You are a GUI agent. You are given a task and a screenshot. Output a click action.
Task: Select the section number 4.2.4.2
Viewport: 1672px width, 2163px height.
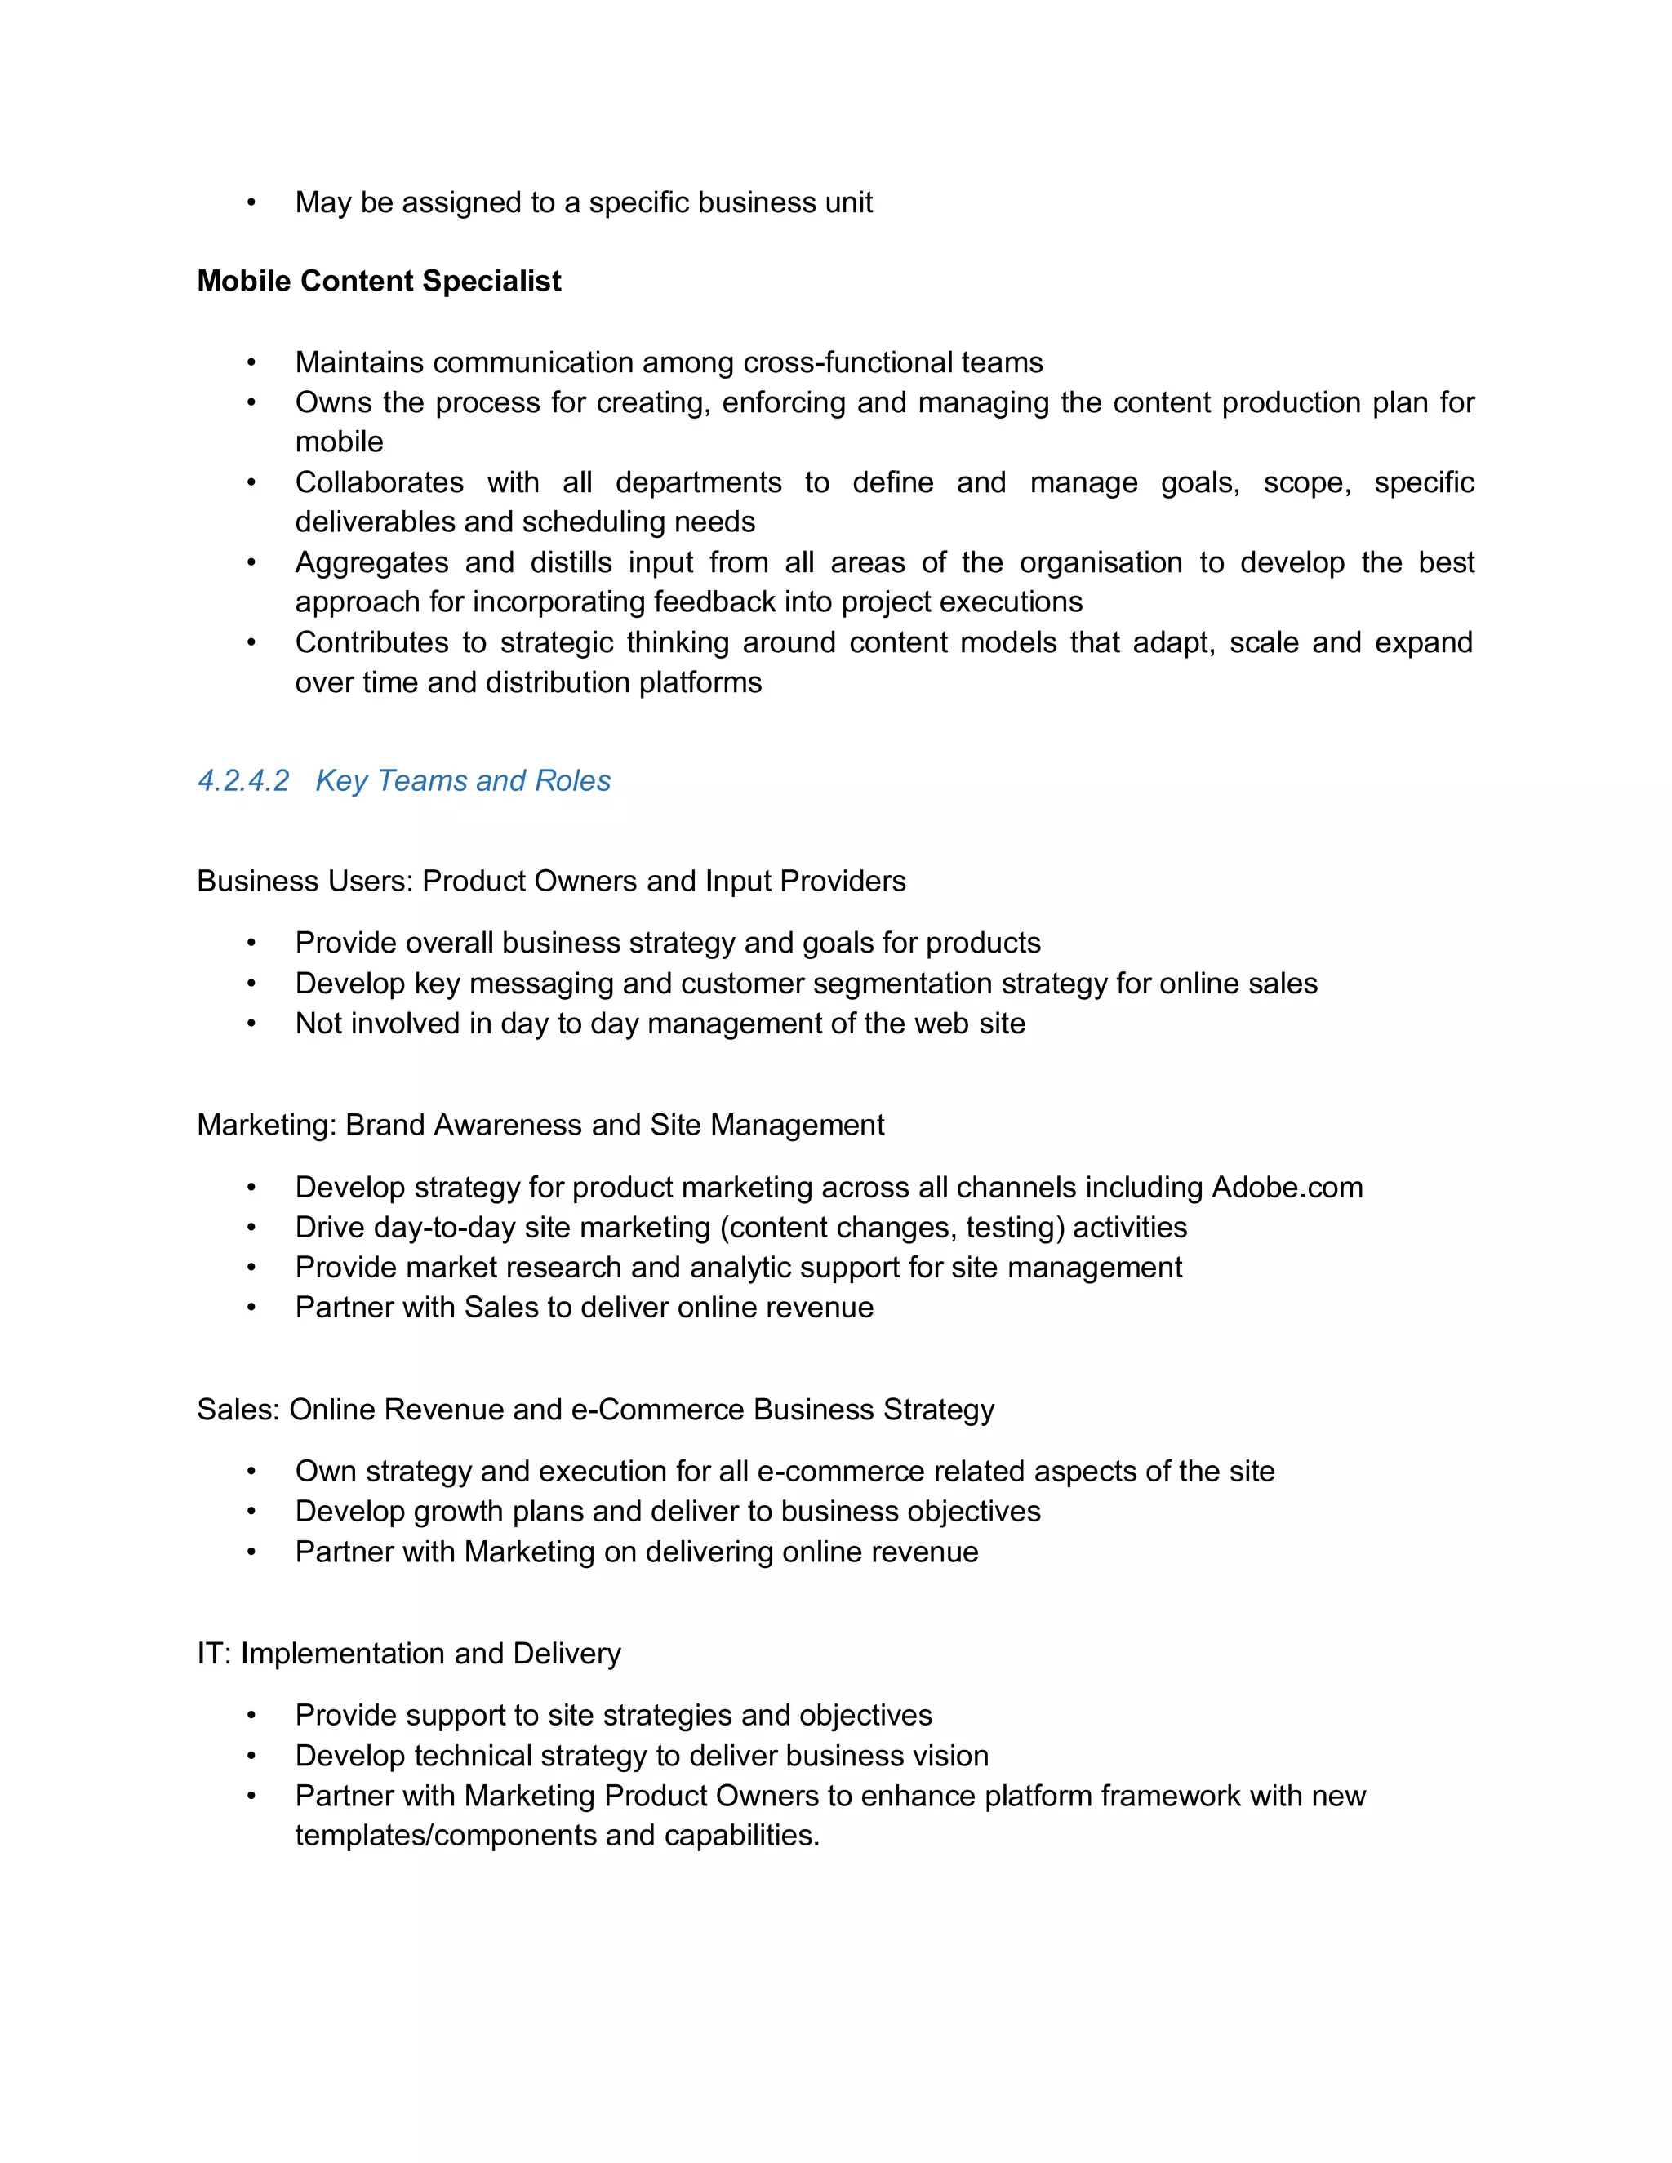(x=242, y=780)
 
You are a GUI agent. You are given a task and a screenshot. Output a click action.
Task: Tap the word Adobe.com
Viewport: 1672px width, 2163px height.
(x=1287, y=1187)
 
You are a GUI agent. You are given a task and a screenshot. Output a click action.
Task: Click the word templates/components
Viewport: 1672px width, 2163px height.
(x=446, y=1835)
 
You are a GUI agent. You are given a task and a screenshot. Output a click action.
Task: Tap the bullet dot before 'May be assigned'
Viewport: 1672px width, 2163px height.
(x=251, y=203)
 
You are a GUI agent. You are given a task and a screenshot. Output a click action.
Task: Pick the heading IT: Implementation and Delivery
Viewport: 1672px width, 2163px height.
(x=408, y=1653)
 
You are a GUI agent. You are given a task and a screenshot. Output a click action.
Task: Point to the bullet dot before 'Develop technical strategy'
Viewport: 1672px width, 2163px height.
(x=251, y=1756)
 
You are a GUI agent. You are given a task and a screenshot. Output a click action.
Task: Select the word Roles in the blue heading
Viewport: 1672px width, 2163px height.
(x=572, y=780)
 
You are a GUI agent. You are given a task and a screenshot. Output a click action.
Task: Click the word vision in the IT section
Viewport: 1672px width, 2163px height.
(x=952, y=1756)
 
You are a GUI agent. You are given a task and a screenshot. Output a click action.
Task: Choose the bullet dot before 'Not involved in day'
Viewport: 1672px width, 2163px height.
(x=251, y=1024)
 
